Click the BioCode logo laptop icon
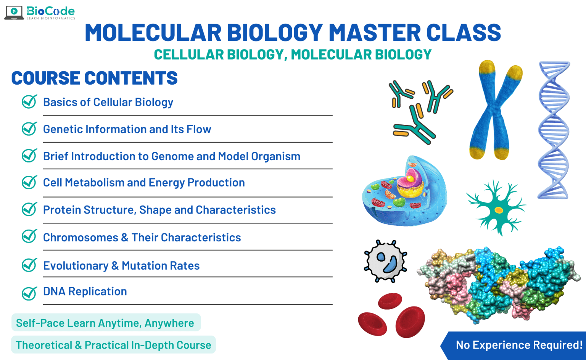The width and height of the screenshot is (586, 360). tap(14, 12)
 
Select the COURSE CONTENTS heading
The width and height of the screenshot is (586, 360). tap(94, 78)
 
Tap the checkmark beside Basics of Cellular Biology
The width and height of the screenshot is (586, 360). tap(29, 102)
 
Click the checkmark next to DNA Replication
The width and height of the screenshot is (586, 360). tap(29, 293)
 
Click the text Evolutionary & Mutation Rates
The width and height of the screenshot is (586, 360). tap(121, 265)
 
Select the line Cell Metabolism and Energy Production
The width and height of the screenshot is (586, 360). tap(144, 183)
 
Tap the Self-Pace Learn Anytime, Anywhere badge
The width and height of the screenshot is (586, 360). tap(105, 323)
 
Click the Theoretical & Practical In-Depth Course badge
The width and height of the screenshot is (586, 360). tap(113, 345)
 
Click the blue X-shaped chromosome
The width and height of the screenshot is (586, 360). tap(495, 111)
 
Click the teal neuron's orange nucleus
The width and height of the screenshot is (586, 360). tap(499, 210)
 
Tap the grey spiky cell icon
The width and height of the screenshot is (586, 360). tap(386, 262)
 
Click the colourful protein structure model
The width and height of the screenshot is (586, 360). tap(500, 284)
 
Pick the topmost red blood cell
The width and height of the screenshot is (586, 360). tap(390, 301)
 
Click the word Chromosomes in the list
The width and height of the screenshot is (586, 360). tap(80, 238)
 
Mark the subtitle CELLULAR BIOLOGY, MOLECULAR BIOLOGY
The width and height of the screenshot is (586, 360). tap(293, 55)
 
